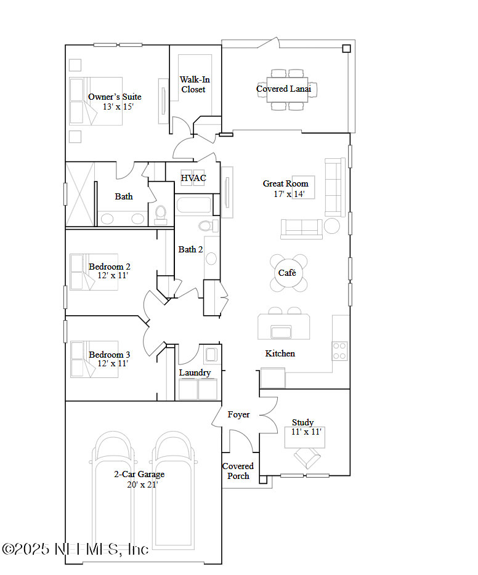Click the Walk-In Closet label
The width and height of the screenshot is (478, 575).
pyautogui.click(x=195, y=84)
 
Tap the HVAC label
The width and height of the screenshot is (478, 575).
pyautogui.click(x=193, y=178)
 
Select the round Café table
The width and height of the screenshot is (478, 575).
pyautogui.click(x=288, y=273)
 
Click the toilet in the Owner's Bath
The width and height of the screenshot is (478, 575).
pyautogui.click(x=161, y=215)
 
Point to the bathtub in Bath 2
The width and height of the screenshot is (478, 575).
pyautogui.click(x=193, y=205)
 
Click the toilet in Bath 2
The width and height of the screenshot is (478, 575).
pyautogui.click(x=208, y=225)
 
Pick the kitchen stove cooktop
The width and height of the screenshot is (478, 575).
pyautogui.click(x=339, y=351)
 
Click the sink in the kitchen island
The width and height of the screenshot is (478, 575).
pyautogui.click(x=281, y=332)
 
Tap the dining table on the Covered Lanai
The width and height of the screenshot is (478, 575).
pyautogui.click(x=287, y=89)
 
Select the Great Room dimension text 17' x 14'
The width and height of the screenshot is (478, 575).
pyautogui.click(x=289, y=194)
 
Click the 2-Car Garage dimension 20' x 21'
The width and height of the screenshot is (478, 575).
pyautogui.click(x=142, y=485)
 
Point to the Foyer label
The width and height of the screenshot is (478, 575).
pyautogui.click(x=238, y=414)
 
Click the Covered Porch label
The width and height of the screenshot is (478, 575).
pyautogui.click(x=238, y=471)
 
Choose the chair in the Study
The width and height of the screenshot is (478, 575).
pyautogui.click(x=307, y=458)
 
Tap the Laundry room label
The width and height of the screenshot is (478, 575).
pyautogui.click(x=195, y=372)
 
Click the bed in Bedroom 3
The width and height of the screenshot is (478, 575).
pyautogui.click(x=94, y=359)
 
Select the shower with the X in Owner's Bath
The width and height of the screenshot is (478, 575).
pyautogui.click(x=80, y=195)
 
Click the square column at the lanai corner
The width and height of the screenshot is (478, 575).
pyautogui.click(x=346, y=49)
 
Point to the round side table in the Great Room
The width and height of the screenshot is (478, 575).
pyautogui.click(x=332, y=226)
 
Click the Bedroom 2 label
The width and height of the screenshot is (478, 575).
pyautogui.click(x=109, y=267)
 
